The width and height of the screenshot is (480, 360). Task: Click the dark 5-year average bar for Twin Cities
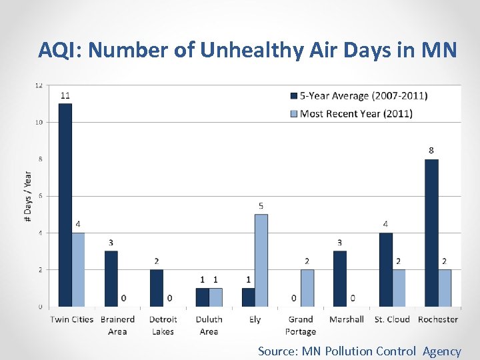(65, 205)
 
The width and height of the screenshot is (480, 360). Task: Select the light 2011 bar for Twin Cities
(78, 269)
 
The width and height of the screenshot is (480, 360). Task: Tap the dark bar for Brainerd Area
(111, 279)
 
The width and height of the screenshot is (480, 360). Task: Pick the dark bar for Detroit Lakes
(157, 288)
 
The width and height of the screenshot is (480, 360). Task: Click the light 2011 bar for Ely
(261, 260)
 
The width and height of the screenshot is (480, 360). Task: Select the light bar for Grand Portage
(307, 288)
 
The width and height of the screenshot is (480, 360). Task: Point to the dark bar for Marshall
(340, 279)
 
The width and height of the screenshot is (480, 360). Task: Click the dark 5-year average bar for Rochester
(431, 233)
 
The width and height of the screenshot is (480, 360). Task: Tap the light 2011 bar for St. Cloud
(399, 288)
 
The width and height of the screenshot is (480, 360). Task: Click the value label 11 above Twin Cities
(65, 95)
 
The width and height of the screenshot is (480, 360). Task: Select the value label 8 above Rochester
(431, 151)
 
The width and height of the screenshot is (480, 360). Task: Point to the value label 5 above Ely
(261, 205)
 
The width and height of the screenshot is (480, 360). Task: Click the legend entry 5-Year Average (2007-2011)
(363, 96)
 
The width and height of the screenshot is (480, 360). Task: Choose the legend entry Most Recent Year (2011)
(356, 113)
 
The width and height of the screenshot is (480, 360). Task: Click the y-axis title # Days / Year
(27, 197)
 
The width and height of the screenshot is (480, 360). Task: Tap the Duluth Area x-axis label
(209, 325)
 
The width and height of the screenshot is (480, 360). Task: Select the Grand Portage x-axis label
(301, 325)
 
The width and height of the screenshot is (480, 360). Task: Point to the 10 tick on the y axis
(39, 122)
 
